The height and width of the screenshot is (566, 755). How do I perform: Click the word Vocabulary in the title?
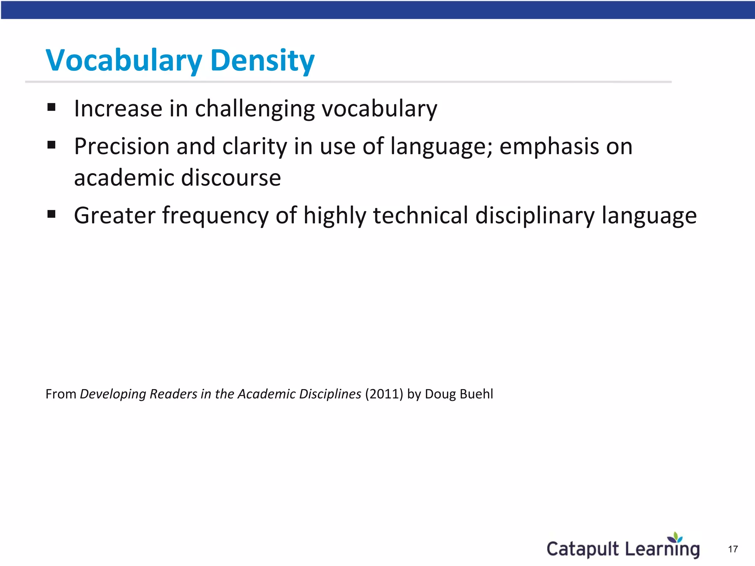pyautogui.click(x=124, y=60)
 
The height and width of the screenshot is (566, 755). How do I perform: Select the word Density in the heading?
pyautogui.click(x=262, y=60)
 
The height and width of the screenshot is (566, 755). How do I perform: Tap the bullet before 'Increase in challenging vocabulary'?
pyautogui.click(x=51, y=107)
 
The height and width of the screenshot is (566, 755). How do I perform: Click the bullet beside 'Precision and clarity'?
pyautogui.click(x=51, y=145)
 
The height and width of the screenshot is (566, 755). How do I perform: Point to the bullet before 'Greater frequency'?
pyautogui.click(x=51, y=214)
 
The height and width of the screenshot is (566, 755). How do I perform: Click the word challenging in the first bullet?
pyautogui.click(x=255, y=109)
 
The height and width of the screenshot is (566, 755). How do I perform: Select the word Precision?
pyautogui.click(x=122, y=146)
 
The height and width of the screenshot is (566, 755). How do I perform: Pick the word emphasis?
pyautogui.click(x=549, y=146)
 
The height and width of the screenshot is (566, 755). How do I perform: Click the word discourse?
pyautogui.click(x=231, y=178)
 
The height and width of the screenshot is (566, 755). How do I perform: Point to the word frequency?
pyautogui.click(x=215, y=216)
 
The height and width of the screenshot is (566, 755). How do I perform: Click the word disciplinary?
pyautogui.click(x=535, y=216)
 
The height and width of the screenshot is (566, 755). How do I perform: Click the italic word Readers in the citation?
pyautogui.click(x=173, y=394)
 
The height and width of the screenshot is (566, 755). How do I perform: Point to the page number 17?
pyautogui.click(x=733, y=549)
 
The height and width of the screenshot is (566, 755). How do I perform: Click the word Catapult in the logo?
pyautogui.click(x=582, y=549)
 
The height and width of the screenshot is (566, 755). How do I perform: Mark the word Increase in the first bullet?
pyautogui.click(x=118, y=109)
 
